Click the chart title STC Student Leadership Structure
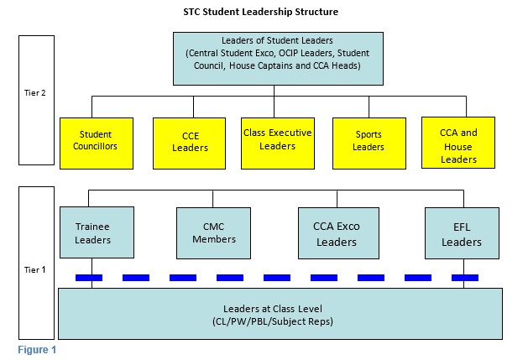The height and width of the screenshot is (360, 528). click(x=260, y=12)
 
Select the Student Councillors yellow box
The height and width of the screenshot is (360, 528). click(x=97, y=143)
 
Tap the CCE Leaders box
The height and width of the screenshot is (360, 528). click(x=189, y=143)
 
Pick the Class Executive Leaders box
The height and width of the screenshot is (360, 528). click(x=278, y=143)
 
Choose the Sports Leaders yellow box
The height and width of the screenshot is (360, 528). click(x=369, y=143)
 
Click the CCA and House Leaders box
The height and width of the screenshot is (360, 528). click(x=458, y=143)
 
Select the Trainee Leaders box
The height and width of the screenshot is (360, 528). click(x=97, y=232)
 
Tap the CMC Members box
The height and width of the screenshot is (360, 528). click(x=213, y=233)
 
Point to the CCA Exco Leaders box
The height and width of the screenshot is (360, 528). click(x=339, y=233)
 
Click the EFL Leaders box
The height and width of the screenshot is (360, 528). click(x=462, y=233)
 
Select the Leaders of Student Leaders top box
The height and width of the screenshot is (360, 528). click(x=278, y=59)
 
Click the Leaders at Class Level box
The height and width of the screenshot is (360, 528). click(x=280, y=314)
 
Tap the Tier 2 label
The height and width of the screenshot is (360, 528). click(x=35, y=93)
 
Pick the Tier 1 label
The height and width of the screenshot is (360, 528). click(x=35, y=269)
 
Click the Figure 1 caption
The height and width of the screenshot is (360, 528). click(x=37, y=350)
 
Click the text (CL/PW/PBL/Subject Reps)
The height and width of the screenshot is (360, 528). click(x=273, y=321)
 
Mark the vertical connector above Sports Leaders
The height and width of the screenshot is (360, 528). click(x=369, y=107)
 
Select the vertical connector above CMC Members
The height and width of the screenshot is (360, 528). click(x=213, y=199)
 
